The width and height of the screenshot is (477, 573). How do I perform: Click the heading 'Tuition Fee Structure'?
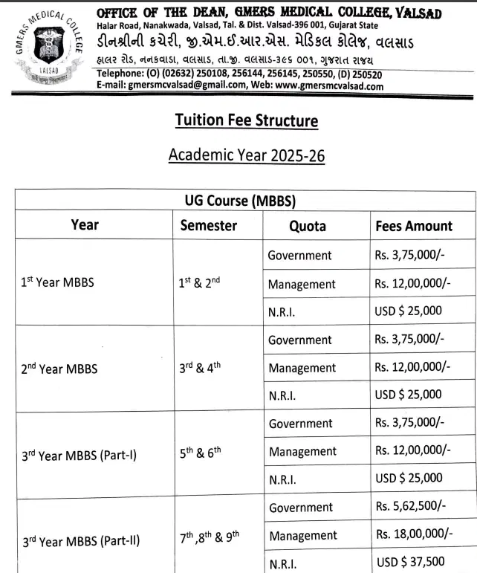click(246, 120)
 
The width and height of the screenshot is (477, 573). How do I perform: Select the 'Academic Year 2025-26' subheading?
click(246, 155)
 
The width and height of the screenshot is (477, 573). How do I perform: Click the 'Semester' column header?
click(209, 225)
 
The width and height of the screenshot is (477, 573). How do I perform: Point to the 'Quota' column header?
click(308, 226)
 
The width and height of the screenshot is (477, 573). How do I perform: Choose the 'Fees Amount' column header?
click(414, 226)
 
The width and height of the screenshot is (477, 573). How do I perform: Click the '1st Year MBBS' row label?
click(57, 283)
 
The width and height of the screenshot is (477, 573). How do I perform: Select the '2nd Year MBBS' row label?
click(59, 367)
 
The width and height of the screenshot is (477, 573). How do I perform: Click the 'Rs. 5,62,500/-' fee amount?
click(411, 507)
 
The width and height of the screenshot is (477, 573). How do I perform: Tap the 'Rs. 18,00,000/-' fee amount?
click(414, 534)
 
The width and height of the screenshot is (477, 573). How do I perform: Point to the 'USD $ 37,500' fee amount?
click(411, 562)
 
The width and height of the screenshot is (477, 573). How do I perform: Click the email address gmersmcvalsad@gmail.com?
click(186, 86)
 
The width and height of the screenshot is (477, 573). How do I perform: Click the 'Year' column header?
click(85, 224)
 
